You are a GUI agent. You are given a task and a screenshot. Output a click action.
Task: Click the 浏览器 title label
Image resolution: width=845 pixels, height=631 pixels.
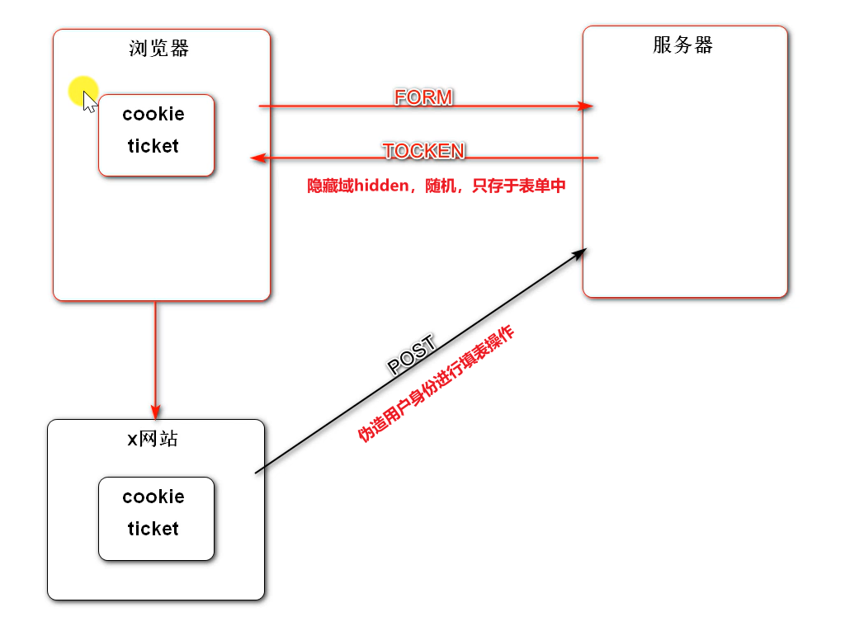point(159,49)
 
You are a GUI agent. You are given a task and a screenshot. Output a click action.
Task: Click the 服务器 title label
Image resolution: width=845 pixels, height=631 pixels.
point(682,45)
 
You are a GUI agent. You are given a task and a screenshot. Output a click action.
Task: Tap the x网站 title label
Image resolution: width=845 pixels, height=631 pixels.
point(153,439)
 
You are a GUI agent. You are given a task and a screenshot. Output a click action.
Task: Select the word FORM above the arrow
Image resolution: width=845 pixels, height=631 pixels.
point(423,97)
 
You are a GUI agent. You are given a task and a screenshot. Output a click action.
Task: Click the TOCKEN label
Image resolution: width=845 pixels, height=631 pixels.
point(423,151)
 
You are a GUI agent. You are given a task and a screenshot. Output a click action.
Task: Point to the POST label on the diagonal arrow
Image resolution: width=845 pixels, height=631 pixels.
point(411,357)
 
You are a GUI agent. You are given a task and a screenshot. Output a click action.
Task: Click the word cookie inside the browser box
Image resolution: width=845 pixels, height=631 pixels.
point(153,114)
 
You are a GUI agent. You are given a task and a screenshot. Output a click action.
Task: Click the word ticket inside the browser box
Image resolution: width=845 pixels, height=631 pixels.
point(153,146)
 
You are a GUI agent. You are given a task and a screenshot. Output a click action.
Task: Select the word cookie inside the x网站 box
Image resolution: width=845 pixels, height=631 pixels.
point(153,497)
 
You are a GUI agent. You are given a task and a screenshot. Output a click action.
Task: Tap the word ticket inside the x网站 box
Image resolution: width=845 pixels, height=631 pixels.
point(153,529)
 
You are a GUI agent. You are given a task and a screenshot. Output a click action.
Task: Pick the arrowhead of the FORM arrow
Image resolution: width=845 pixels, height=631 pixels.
point(586,106)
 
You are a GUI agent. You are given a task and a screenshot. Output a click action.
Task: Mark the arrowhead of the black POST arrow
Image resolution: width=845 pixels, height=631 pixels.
point(579,253)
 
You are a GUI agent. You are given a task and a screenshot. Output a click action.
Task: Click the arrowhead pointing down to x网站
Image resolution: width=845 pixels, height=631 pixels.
point(155,412)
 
